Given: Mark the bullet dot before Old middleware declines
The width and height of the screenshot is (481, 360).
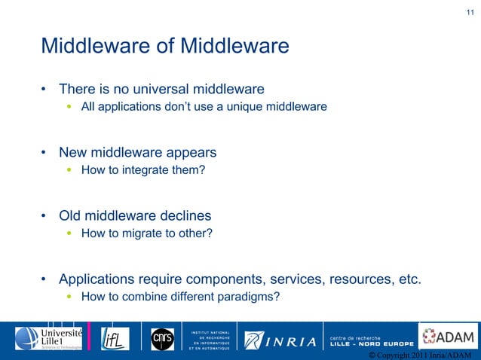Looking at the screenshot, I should point(44,216).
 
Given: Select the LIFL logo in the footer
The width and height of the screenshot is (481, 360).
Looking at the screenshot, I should point(115,338).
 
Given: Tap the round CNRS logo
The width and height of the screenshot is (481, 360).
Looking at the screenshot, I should point(162,338).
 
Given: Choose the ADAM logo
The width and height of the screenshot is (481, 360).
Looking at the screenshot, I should point(449,337).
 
